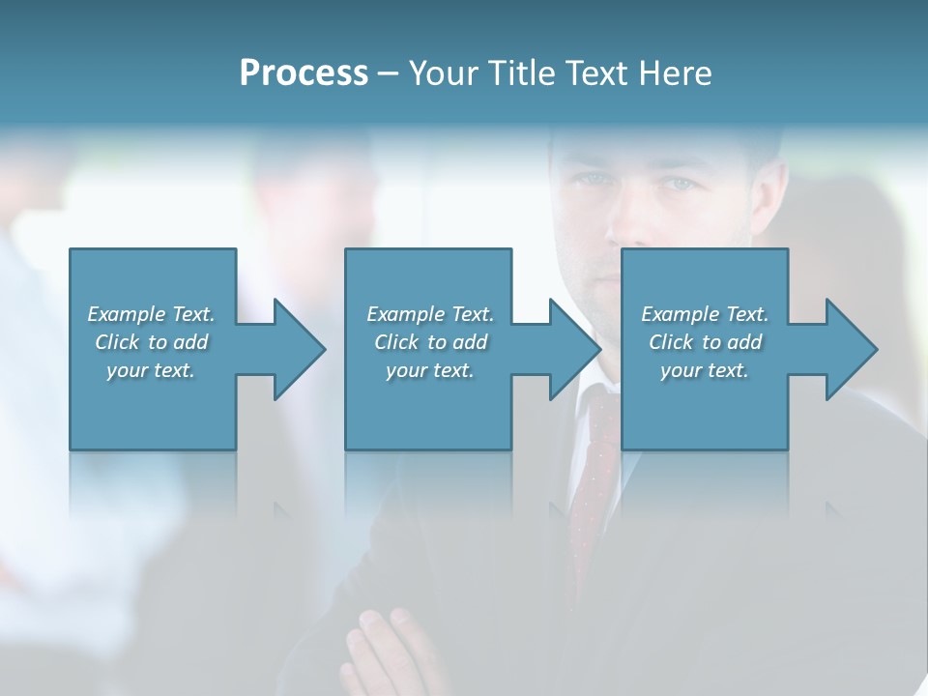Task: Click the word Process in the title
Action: [x=304, y=73]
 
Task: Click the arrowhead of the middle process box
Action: [x=574, y=349]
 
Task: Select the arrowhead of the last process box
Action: [x=851, y=349]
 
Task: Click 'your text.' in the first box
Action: [x=151, y=370]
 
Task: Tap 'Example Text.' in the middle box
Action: [x=430, y=314]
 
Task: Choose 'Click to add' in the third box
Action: [x=705, y=342]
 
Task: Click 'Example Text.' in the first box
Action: [x=151, y=314]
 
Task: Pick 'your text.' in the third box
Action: [x=705, y=370]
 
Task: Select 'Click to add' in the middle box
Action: [x=430, y=342]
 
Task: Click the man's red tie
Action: [x=592, y=483]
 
